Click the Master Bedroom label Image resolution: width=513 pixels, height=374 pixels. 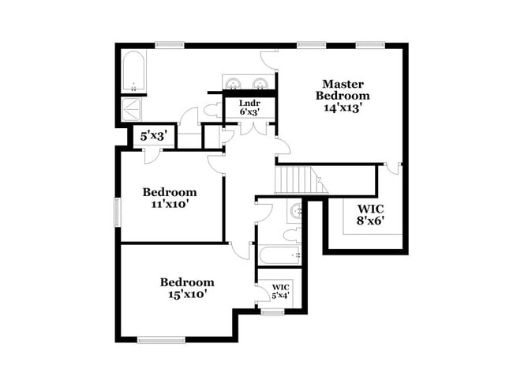[x=342, y=89]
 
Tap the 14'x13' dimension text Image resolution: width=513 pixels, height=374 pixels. [x=342, y=108]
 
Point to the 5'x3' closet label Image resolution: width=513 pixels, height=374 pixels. [x=152, y=136]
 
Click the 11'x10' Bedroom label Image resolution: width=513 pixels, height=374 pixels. [x=169, y=198]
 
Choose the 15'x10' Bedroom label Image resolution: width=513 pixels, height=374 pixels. [x=187, y=288]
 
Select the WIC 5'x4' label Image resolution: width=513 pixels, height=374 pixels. [x=280, y=291]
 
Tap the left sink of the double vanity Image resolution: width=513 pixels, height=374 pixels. [x=234, y=84]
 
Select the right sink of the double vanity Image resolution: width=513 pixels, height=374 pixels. [x=260, y=84]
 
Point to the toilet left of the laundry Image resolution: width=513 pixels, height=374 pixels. [x=211, y=111]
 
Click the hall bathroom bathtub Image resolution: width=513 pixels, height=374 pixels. [x=279, y=255]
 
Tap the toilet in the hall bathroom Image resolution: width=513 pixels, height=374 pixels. [x=291, y=233]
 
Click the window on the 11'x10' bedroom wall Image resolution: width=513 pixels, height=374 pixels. [x=118, y=211]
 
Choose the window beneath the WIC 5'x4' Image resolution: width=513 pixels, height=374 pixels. [x=272, y=312]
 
